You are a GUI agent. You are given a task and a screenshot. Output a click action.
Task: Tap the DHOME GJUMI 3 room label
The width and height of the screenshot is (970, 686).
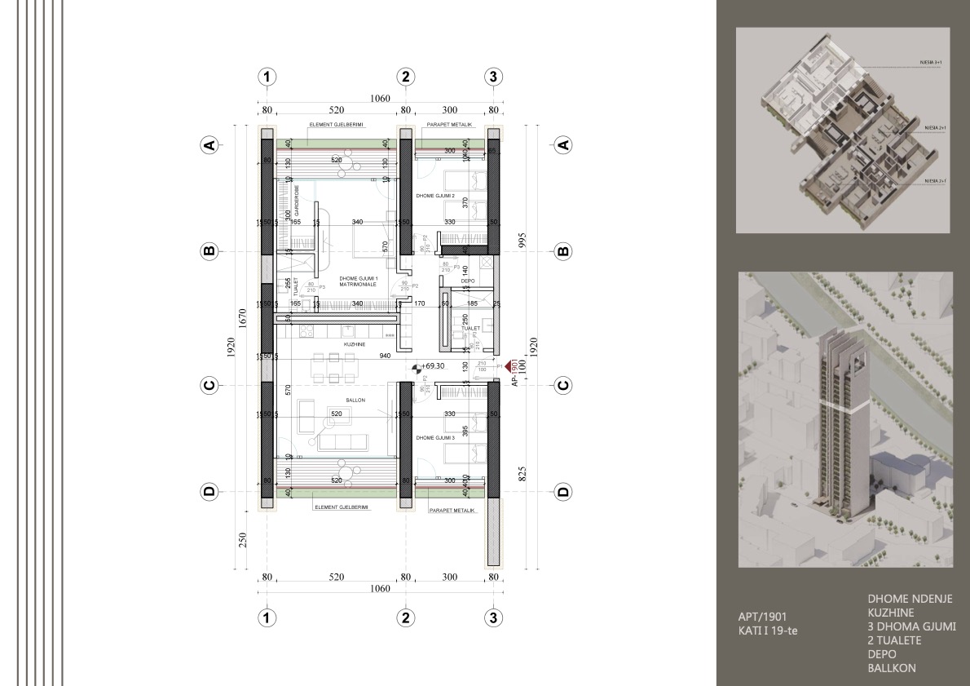coord(435,438)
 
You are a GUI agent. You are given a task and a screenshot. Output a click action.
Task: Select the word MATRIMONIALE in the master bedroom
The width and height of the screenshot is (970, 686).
coord(358,285)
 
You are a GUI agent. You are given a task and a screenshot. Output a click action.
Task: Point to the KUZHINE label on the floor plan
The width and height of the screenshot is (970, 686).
coord(354,344)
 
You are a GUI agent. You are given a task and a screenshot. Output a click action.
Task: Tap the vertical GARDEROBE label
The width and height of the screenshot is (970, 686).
coord(297,198)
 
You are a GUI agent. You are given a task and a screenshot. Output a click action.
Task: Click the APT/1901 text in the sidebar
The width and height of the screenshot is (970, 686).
coord(760,617)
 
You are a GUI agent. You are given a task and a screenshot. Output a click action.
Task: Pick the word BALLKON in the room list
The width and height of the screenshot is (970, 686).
coord(892,668)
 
